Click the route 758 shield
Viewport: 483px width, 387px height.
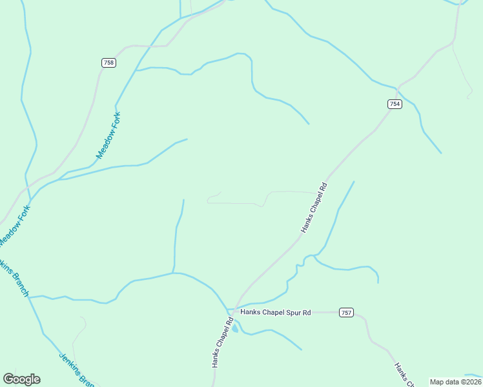tap(108, 63)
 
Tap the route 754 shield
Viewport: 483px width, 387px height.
tap(395, 104)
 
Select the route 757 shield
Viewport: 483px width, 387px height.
tap(347, 313)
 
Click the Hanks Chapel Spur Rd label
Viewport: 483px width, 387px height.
tap(276, 313)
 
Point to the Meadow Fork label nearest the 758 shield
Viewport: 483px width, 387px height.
tap(108, 135)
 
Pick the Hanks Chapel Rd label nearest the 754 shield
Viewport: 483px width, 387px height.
tap(314, 208)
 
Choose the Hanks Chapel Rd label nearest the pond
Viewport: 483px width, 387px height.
tap(221, 342)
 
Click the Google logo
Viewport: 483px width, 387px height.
tap(21, 379)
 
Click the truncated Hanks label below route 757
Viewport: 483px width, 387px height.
tap(404, 375)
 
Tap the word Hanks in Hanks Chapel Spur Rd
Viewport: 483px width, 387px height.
tap(250, 313)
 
